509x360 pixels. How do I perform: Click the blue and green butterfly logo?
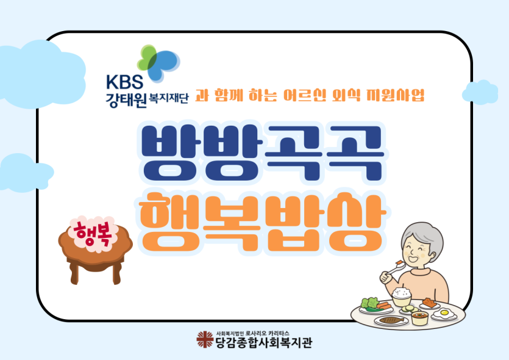click(x=158, y=63)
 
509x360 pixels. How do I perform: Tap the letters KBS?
click(x=124, y=82)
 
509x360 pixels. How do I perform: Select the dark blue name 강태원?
click(x=126, y=99)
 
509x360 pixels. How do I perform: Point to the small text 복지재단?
click(x=168, y=98)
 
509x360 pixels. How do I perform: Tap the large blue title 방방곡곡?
click(x=262, y=153)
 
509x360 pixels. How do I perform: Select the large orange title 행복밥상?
click(x=263, y=223)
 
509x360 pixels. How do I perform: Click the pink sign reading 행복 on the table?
click(x=93, y=233)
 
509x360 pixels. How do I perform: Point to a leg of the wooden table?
click(x=74, y=273)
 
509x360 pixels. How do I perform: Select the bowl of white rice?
click(x=402, y=297)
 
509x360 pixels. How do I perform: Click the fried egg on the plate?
click(x=444, y=314)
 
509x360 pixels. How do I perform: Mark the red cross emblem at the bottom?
click(x=205, y=339)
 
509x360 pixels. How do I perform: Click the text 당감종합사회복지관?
click(x=264, y=343)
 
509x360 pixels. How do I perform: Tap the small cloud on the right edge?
click(x=480, y=92)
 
